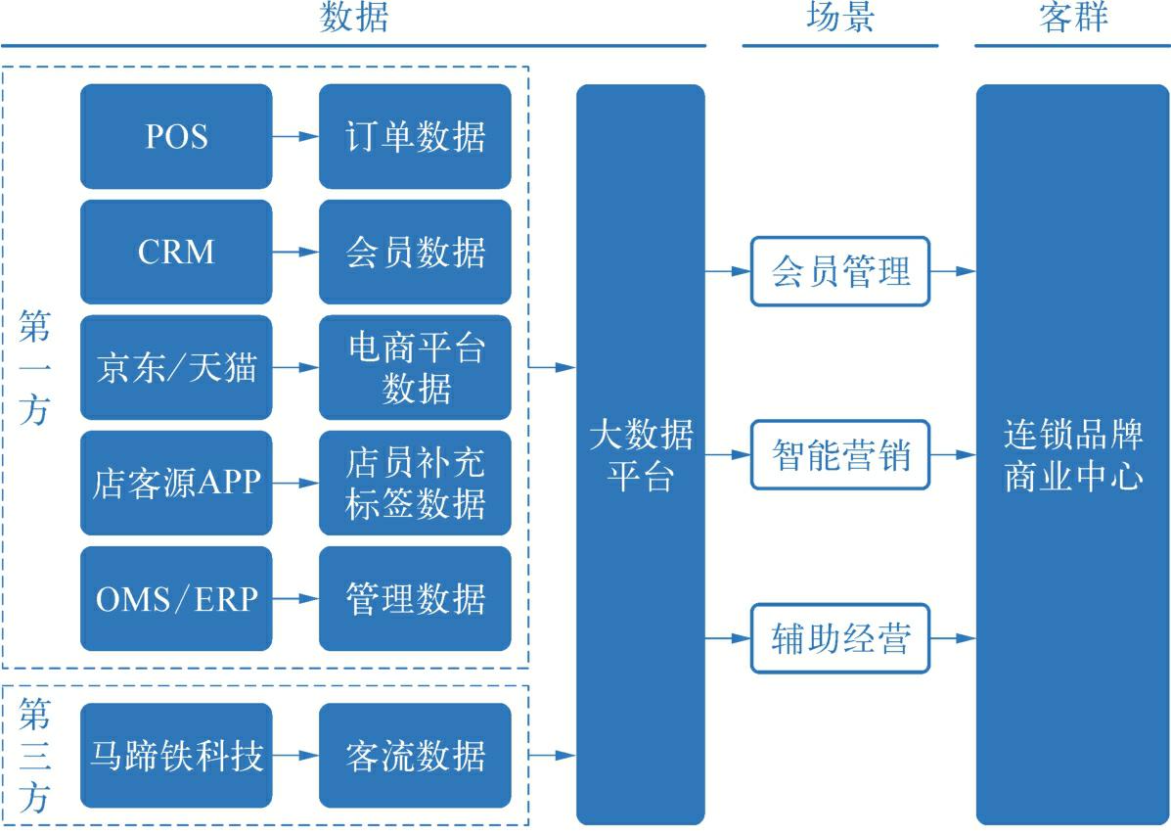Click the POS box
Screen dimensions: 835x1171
(x=176, y=136)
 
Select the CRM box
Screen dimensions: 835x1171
(x=176, y=252)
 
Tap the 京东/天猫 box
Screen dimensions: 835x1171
(x=176, y=367)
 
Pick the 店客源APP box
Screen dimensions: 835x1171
(x=176, y=483)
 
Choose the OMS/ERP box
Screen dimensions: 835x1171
(x=176, y=598)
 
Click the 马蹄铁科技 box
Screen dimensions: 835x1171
(x=176, y=755)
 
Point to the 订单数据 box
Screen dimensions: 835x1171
(x=415, y=136)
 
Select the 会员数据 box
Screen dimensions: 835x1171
(x=415, y=252)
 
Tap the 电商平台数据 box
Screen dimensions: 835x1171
(x=415, y=367)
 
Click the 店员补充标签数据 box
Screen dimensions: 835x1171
(x=415, y=483)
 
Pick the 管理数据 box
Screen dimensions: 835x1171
(x=415, y=598)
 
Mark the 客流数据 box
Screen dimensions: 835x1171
(x=415, y=755)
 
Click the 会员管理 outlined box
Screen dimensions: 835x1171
(x=840, y=271)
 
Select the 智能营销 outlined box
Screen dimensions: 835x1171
(x=840, y=455)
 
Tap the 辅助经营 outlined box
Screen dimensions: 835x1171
(x=840, y=639)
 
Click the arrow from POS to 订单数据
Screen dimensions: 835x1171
(x=295, y=136)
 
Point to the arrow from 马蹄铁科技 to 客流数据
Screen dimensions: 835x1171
(x=295, y=755)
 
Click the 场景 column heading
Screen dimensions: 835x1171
(x=840, y=18)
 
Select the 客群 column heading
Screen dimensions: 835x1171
(x=1073, y=18)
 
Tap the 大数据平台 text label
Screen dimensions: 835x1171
(x=641, y=455)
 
